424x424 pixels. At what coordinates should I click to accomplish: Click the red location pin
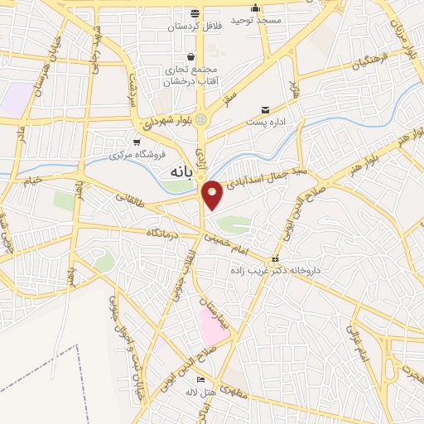213,194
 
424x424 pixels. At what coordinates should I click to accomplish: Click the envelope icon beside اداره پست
265,110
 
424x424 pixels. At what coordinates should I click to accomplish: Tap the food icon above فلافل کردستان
195,14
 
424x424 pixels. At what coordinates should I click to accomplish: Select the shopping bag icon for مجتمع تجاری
191,57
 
